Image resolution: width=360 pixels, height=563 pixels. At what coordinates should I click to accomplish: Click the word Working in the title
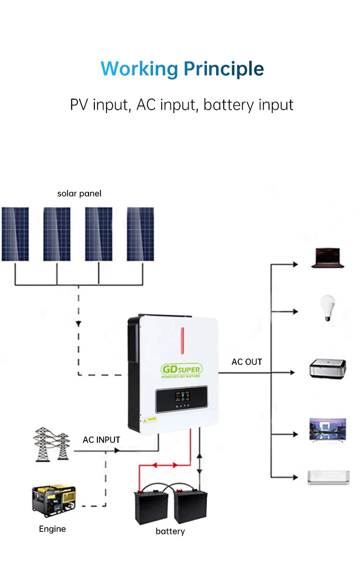click(x=139, y=69)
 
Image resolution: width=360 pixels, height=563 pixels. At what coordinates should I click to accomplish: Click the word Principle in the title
click(x=223, y=69)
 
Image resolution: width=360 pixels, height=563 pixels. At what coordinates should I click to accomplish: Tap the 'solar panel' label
click(x=79, y=193)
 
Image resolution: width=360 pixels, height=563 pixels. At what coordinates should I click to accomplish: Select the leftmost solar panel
click(x=15, y=234)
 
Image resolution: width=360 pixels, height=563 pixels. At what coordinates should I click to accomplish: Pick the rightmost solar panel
click(x=141, y=234)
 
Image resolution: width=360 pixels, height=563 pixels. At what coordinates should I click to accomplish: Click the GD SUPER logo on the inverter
click(x=181, y=370)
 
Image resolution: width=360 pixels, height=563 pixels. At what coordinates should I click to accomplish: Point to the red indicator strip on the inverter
click(x=182, y=339)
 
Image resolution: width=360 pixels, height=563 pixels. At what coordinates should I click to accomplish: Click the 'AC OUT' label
click(x=247, y=362)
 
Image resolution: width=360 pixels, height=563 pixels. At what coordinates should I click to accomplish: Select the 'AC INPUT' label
click(x=101, y=440)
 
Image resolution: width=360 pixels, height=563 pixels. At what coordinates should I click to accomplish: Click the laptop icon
click(x=328, y=258)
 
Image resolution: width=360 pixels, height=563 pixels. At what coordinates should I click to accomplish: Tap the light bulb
click(x=328, y=308)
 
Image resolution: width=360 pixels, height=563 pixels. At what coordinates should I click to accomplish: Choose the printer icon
click(x=328, y=369)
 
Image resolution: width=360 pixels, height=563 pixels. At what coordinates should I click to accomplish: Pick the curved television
click(x=328, y=429)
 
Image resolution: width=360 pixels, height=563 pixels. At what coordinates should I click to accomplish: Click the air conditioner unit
click(x=328, y=477)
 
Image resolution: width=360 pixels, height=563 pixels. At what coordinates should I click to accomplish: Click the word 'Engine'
click(x=52, y=529)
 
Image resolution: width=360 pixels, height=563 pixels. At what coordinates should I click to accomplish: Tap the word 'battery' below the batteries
click(x=170, y=531)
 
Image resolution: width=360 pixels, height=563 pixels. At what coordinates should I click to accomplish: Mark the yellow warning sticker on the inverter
click(x=149, y=420)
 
